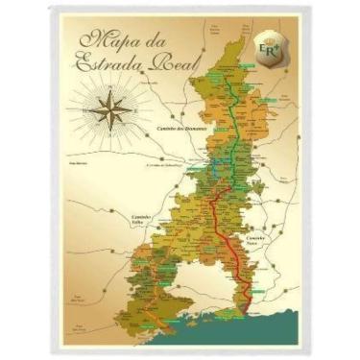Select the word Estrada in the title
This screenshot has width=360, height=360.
[104, 64]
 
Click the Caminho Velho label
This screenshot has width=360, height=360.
[141, 220]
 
